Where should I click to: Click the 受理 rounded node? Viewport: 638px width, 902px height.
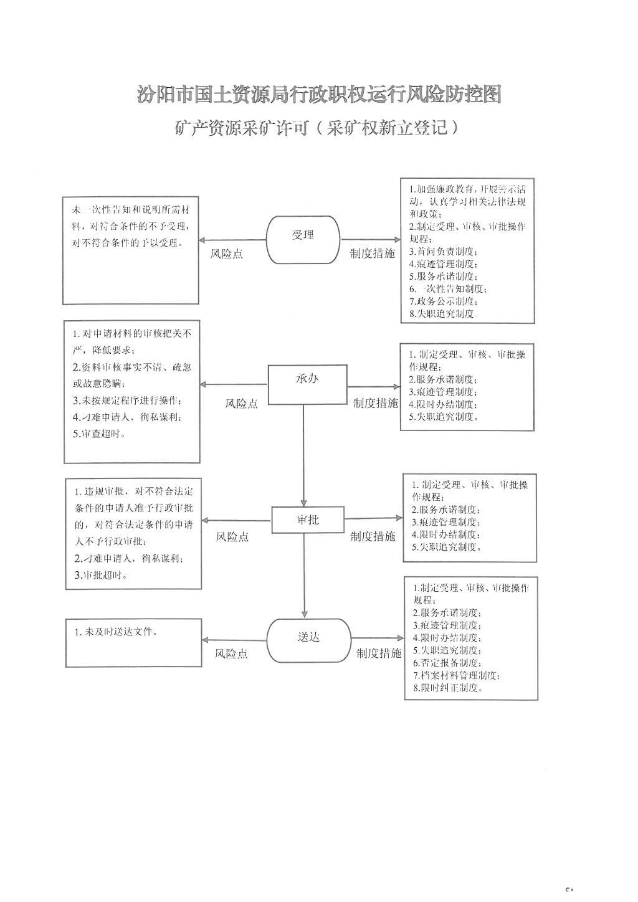click(303, 240)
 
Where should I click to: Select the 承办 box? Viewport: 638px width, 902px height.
click(308, 384)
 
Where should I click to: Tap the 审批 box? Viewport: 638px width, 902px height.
click(308, 520)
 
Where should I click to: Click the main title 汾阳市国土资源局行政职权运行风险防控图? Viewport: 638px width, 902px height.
click(319, 95)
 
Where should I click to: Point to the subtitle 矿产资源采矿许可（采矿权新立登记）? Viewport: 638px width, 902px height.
click(317, 128)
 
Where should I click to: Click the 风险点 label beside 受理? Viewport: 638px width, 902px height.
click(227, 254)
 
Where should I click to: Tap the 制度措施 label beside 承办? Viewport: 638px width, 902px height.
click(376, 403)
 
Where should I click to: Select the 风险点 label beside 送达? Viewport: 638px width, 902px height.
click(231, 653)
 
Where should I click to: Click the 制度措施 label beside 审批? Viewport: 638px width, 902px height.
click(373, 536)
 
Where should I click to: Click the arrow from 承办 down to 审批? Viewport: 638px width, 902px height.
click(303, 455)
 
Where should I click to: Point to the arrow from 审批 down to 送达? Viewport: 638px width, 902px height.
click(305, 576)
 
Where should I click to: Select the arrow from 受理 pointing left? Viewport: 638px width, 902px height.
click(232, 240)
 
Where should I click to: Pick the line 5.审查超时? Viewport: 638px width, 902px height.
click(99, 434)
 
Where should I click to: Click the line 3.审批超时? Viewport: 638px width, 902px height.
click(101, 575)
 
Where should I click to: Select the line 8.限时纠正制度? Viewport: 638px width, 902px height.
click(448, 688)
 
